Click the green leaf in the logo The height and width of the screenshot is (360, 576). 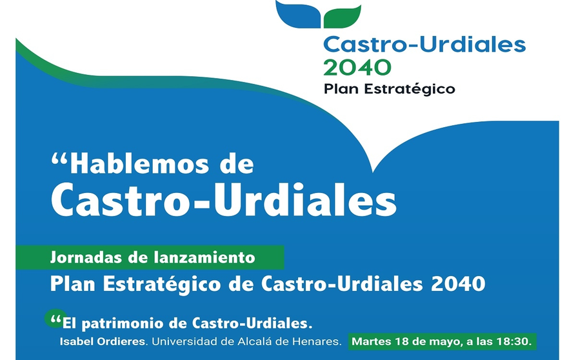[x=343, y=17]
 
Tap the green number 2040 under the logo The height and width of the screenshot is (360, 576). [x=357, y=68]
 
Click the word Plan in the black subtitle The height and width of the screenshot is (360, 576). [x=342, y=88]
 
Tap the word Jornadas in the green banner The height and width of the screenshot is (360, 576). [x=86, y=257]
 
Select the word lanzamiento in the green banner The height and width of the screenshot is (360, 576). [x=204, y=257]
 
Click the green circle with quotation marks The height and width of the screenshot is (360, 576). [x=55, y=319]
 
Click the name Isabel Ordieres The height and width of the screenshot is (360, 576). [x=103, y=342]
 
